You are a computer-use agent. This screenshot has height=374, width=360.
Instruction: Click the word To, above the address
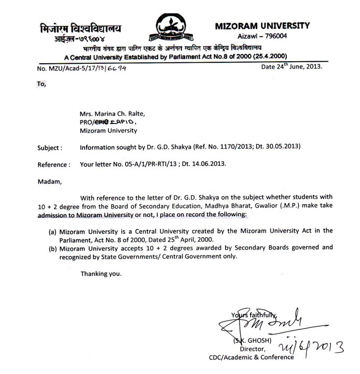[x=41, y=82]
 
